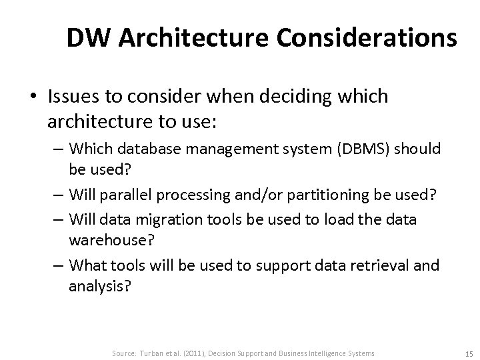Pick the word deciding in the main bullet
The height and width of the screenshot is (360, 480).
(x=293, y=96)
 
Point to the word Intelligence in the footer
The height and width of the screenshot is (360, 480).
(x=324, y=352)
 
